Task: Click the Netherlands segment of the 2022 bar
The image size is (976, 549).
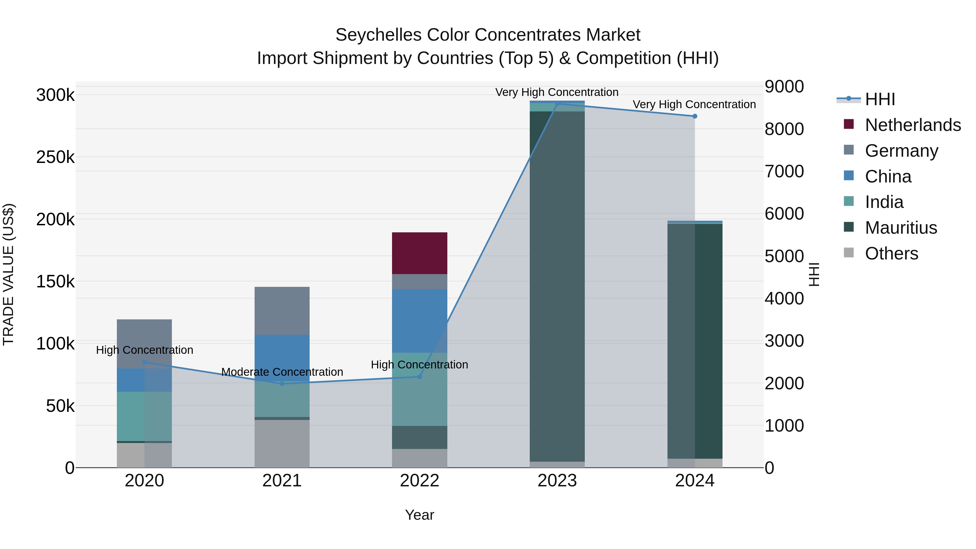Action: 419,253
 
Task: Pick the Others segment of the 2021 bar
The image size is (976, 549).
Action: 282,443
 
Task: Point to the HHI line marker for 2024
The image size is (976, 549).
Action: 695,116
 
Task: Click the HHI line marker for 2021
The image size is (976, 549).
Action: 282,384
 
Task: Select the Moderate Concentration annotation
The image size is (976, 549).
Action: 282,372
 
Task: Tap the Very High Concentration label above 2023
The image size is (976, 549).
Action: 557,92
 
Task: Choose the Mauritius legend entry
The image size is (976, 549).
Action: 901,228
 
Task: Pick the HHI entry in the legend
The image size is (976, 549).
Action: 880,99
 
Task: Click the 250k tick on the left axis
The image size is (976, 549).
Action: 55,157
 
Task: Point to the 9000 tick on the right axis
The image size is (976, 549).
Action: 784,86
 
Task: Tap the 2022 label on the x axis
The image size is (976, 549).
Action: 419,481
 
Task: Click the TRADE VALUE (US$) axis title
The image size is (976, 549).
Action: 8,274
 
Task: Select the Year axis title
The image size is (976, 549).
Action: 419,515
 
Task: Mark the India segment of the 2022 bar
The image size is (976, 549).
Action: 419,389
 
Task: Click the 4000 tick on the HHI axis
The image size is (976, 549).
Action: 784,298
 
